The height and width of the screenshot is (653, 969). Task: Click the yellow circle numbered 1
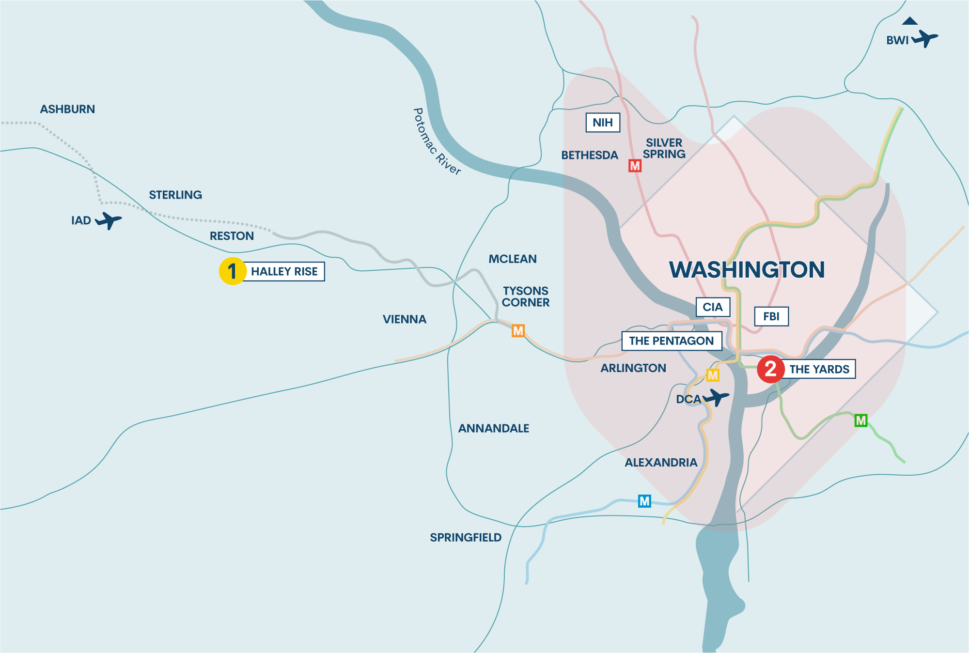point(233,271)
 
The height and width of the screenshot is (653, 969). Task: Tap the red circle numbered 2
point(771,369)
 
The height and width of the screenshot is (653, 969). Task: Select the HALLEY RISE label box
point(284,272)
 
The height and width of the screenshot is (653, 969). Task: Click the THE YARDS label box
point(819,369)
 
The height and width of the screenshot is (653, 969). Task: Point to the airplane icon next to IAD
point(109,220)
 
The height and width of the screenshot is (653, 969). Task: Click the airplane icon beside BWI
point(925,38)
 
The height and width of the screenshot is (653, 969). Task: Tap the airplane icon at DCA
point(716,398)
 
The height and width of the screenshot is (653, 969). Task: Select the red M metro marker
point(635,166)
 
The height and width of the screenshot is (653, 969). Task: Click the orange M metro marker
point(518,331)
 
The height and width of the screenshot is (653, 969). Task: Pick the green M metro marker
point(860,420)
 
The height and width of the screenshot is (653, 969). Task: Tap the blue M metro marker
point(644,501)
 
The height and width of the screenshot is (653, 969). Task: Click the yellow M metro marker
point(713,375)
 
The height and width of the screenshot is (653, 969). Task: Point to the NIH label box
point(603,123)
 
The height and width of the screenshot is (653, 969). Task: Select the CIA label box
point(713,307)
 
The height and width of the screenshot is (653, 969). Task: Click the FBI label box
point(771,316)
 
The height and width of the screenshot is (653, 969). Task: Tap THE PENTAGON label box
point(672,341)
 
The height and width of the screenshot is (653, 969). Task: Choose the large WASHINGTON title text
point(747,270)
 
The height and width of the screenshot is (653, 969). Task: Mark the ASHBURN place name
point(67,109)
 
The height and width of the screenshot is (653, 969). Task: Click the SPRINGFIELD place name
point(466,537)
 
